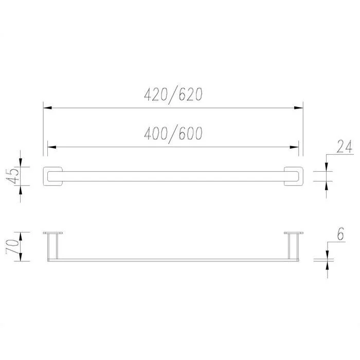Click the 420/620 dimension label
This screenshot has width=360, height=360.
pyautogui.click(x=173, y=95)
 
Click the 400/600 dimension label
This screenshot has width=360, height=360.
pyautogui.click(x=173, y=134)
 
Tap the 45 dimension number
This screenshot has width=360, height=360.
pyautogui.click(x=13, y=176)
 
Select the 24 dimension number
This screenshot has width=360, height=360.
pyautogui.click(x=345, y=147)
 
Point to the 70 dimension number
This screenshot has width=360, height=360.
pyautogui.click(x=12, y=246)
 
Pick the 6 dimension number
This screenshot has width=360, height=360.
pyautogui.click(x=340, y=234)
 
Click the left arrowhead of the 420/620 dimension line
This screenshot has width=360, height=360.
pyautogui.click(x=47, y=107)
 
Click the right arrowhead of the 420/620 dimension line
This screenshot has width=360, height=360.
pyautogui.click(x=299, y=107)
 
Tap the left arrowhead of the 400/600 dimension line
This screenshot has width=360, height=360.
pyautogui.click(x=52, y=147)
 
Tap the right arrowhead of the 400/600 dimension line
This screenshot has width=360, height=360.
pyautogui.click(x=294, y=147)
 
